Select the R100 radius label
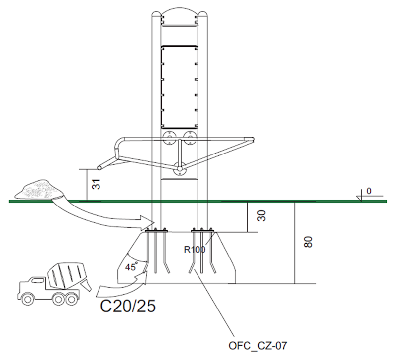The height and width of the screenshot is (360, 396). (x=194, y=250)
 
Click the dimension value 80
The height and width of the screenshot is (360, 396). (x=308, y=242)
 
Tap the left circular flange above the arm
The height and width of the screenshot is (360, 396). (x=169, y=137)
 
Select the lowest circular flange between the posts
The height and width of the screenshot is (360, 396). (x=179, y=168)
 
